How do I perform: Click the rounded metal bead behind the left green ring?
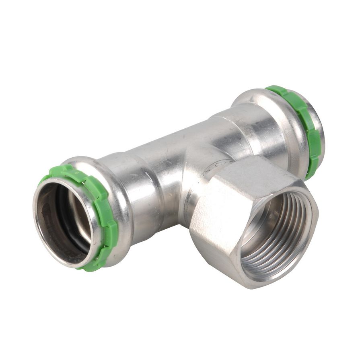coord(117,201)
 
